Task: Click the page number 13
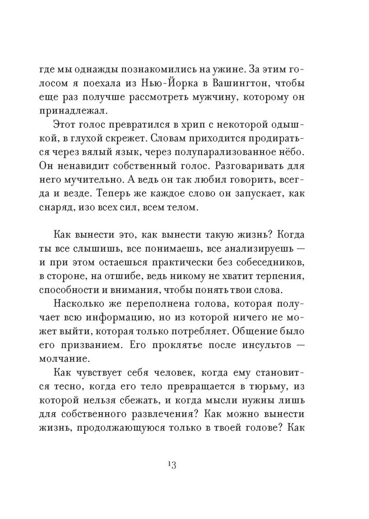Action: click(x=172, y=464)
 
